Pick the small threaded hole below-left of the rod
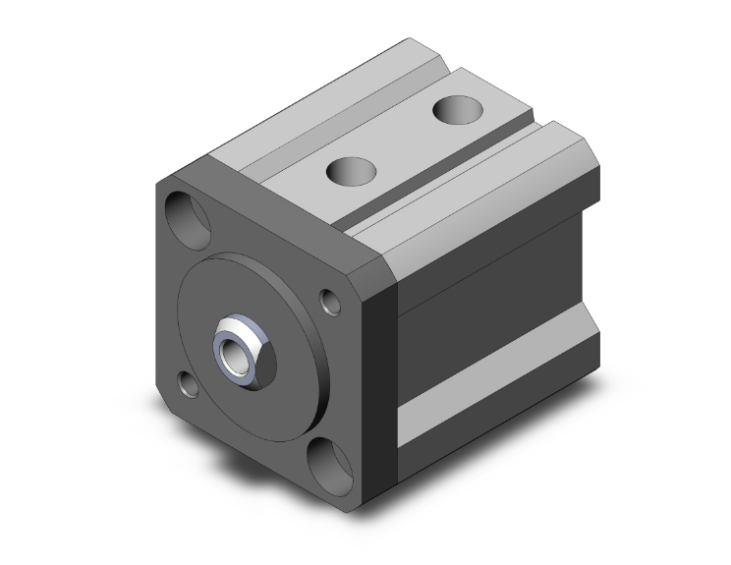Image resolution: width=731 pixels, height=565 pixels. pyautogui.click(x=188, y=383)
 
